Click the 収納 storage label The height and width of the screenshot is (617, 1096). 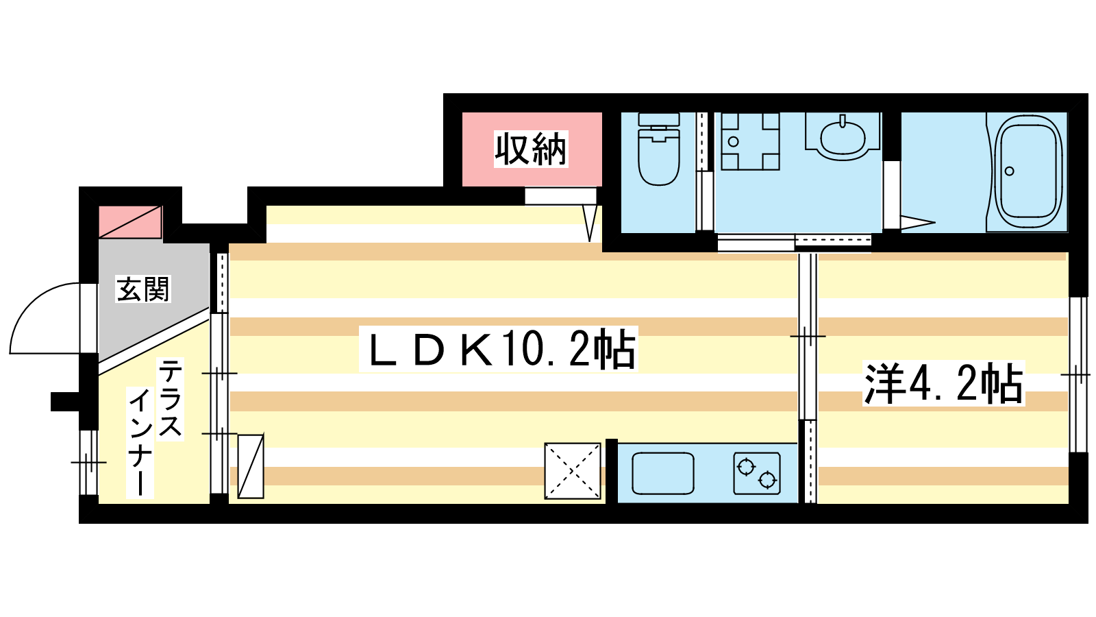(531, 149)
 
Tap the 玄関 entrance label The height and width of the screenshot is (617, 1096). (143, 289)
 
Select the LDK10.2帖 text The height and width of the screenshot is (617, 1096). (499, 349)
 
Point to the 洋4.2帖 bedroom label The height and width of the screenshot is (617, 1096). (943, 384)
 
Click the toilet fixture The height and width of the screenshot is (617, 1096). (658, 149)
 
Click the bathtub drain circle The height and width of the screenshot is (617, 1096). (1009, 171)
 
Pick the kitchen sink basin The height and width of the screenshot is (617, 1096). (663, 474)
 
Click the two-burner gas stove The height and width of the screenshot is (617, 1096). (756, 474)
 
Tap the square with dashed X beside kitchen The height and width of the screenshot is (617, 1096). (573, 471)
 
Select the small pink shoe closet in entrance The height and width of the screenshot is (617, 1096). (130, 222)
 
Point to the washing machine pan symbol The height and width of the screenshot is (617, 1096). (750, 141)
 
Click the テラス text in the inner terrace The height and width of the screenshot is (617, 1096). (171, 398)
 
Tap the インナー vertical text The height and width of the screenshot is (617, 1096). (140, 443)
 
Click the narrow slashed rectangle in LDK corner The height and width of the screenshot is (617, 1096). (251, 466)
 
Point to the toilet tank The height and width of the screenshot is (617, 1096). (659, 120)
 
